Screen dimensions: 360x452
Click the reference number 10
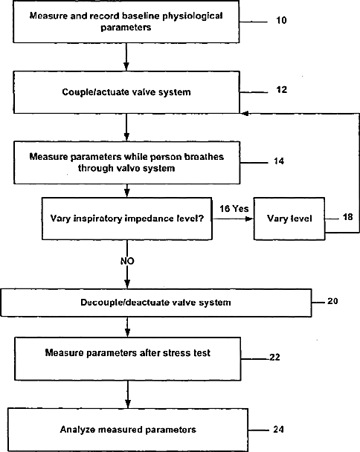[281, 20]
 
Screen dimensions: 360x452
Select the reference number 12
[282, 90]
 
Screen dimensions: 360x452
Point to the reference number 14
[279, 161]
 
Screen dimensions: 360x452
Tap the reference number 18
[347, 216]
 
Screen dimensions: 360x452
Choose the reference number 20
[332, 301]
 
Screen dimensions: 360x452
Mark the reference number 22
[274, 357]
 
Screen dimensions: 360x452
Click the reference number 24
[278, 429]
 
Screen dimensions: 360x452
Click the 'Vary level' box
[289, 219]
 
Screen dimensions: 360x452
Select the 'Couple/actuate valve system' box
[126, 92]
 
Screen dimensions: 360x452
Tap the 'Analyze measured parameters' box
[128, 430]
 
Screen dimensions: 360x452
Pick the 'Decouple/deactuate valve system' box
[156, 303]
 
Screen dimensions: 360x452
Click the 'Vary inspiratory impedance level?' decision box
[127, 219]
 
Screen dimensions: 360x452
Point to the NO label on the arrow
[127, 261]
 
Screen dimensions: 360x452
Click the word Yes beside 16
[240, 208]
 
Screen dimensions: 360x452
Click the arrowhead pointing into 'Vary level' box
[249, 219]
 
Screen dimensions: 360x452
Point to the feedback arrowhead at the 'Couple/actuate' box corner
[245, 114]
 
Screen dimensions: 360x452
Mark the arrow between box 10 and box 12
[126, 56]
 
